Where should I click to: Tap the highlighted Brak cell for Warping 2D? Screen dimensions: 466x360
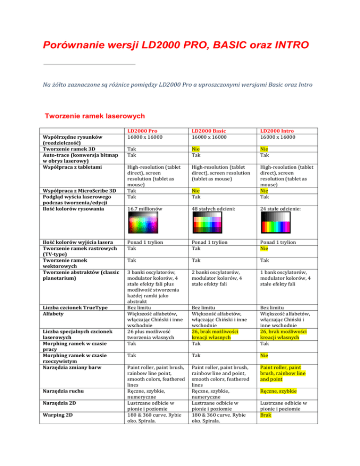(267, 434)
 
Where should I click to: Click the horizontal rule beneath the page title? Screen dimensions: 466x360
(89, 64)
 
